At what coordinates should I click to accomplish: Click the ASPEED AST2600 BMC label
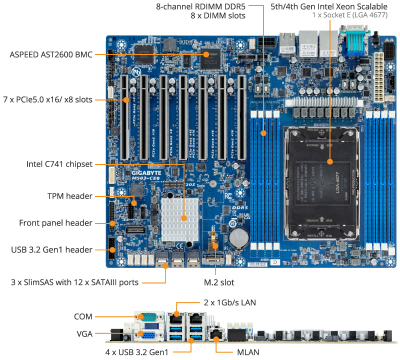51,54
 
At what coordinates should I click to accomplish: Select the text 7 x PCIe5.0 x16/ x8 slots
48,99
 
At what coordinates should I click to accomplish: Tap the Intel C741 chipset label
59,164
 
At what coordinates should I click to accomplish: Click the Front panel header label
55,223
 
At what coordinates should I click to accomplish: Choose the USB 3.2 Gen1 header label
52,249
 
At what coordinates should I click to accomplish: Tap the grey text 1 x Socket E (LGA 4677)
349,15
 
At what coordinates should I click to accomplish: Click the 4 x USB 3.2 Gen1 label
136,352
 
